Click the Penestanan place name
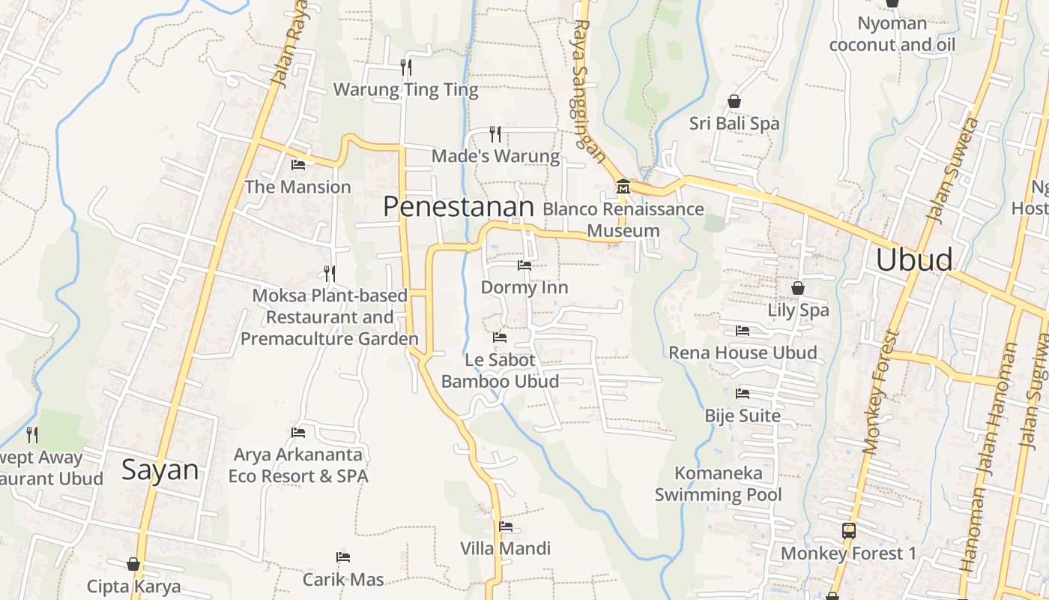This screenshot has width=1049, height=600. [459, 207]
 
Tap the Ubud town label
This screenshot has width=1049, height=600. [913, 259]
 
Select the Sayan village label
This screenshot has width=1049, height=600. [160, 470]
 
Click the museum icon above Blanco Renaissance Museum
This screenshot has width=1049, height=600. [623, 185]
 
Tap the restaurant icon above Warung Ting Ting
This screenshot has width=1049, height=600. [405, 67]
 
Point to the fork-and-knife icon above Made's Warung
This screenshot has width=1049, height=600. [495, 133]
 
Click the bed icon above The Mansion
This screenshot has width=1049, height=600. [298, 164]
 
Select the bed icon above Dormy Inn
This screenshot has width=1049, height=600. [524, 265]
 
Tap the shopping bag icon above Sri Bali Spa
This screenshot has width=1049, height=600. [734, 101]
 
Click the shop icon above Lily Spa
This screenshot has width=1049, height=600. [798, 288]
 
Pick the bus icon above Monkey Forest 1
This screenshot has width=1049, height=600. [848, 531]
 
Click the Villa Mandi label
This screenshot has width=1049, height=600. [505, 548]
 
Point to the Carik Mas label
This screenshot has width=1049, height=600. [343, 579]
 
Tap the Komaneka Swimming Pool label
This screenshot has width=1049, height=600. [718, 484]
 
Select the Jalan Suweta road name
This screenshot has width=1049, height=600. [952, 170]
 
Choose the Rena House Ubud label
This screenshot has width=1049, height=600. [743, 352]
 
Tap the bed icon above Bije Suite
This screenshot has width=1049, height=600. [743, 393]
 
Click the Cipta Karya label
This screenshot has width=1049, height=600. [133, 586]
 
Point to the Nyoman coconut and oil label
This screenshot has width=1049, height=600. [892, 34]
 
